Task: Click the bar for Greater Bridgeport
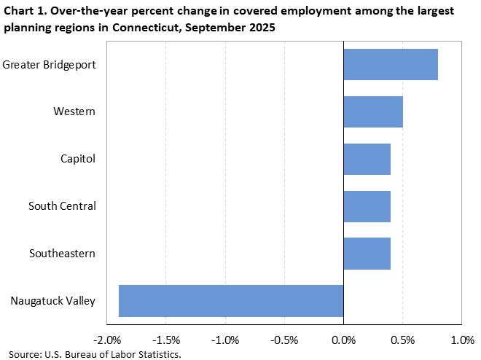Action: (390, 65)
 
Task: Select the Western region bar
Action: (372, 111)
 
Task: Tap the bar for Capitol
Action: (367, 159)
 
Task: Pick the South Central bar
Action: (367, 206)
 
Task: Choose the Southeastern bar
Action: (367, 254)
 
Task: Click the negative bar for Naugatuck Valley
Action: (231, 300)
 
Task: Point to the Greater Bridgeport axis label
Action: (50, 65)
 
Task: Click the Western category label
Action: (74, 111)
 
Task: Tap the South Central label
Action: (62, 206)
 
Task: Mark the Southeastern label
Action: (63, 254)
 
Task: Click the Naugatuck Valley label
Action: (53, 300)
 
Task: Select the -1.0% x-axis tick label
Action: (224, 340)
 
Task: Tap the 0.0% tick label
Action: (343, 340)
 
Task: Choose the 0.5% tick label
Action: (402, 340)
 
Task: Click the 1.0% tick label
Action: (462, 340)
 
